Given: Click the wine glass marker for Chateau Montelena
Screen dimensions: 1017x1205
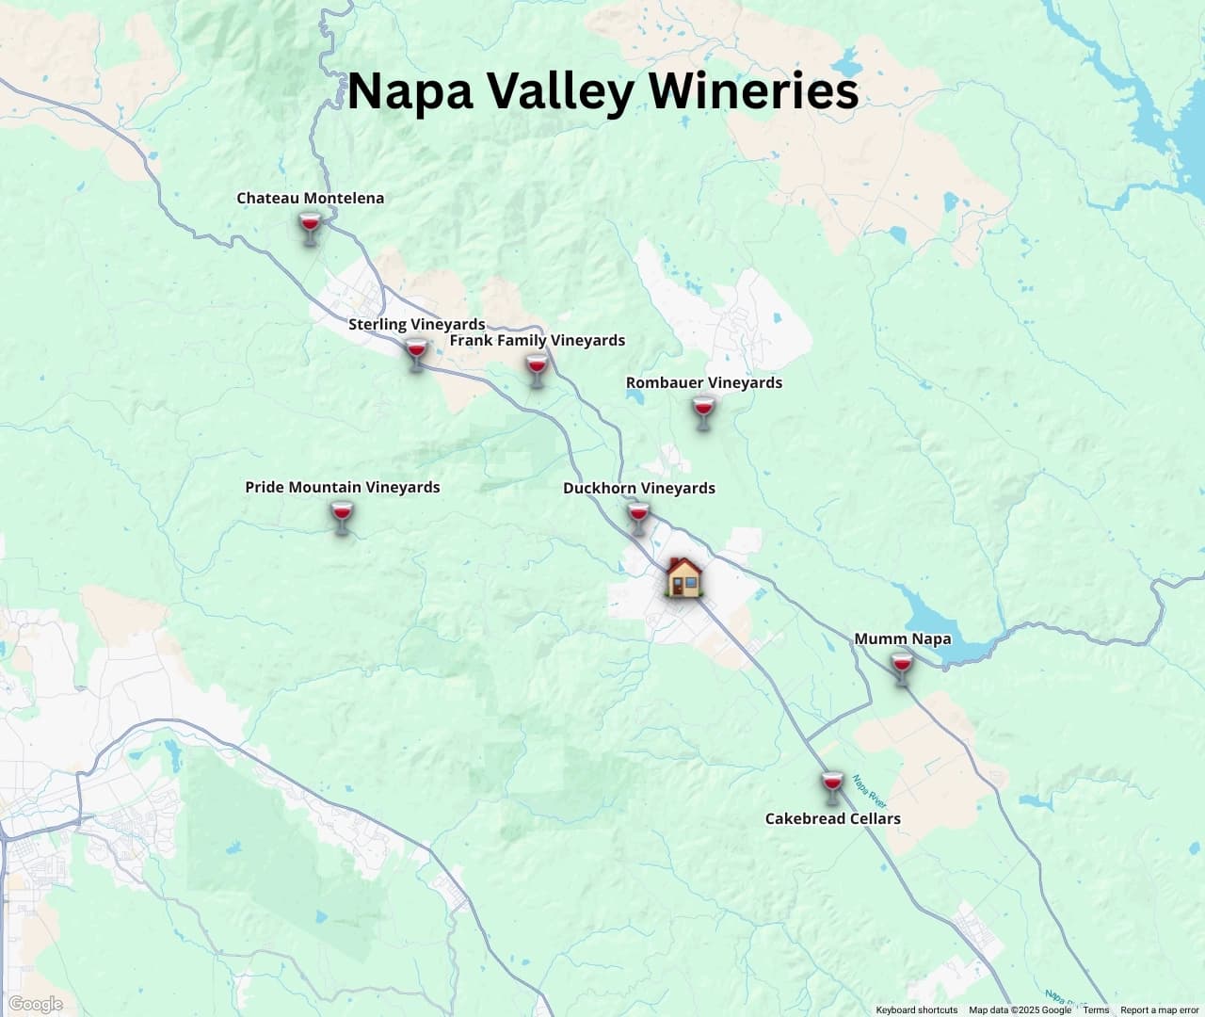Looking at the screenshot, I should (x=310, y=228).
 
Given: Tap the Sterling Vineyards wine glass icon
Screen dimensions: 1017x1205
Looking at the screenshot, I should (x=416, y=354).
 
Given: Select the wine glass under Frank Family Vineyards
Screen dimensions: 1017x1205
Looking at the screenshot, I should (x=536, y=369).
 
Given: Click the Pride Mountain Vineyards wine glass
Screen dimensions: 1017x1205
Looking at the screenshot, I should (x=342, y=517).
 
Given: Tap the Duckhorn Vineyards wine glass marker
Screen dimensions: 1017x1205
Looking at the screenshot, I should (x=638, y=517).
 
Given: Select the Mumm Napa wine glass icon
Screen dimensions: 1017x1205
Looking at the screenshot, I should (x=902, y=668).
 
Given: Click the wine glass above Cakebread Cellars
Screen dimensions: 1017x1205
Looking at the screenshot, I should (x=831, y=787).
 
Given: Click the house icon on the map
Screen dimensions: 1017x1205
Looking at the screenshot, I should (x=683, y=576).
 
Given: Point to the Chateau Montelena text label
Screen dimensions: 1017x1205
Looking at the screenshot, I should (x=310, y=199).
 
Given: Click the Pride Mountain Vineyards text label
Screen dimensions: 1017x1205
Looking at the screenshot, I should (x=343, y=488).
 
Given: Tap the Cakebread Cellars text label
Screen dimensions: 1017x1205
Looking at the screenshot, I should (x=832, y=819).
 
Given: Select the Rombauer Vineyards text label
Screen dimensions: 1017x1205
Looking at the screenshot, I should (x=703, y=383).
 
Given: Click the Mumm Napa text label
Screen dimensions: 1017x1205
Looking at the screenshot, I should (x=902, y=639).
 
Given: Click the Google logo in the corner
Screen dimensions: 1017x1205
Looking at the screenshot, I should (x=35, y=1004).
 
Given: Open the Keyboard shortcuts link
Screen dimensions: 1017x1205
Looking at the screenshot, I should (x=916, y=1010).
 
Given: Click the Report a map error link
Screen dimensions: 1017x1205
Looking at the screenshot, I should (x=1159, y=1010).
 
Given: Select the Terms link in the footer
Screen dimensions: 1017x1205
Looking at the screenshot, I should (x=1096, y=1010).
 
